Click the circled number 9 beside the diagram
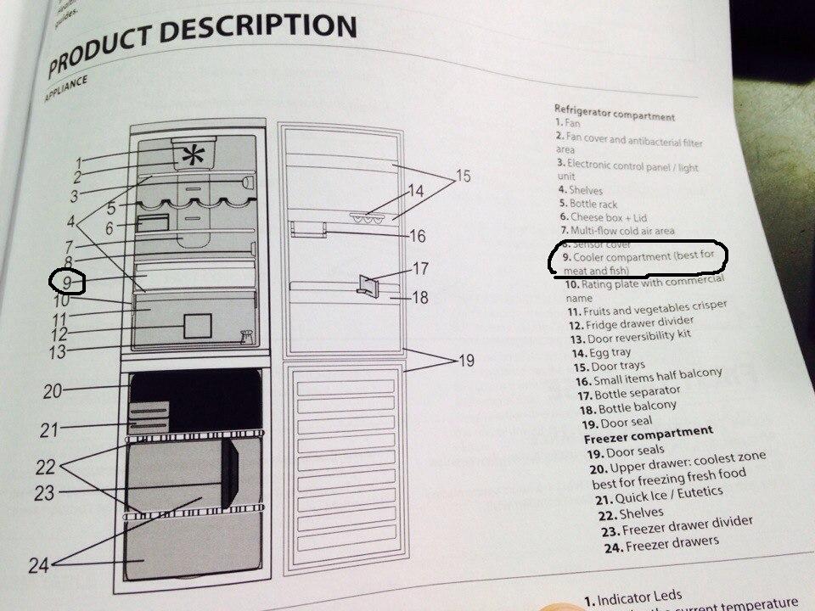[66, 281]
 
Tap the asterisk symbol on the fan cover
[194, 156]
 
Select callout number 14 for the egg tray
[414, 191]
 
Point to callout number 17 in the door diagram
[420, 269]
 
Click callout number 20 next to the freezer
[52, 390]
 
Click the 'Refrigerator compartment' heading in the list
[615, 114]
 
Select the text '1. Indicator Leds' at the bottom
[633, 597]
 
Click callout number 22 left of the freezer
[45, 465]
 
